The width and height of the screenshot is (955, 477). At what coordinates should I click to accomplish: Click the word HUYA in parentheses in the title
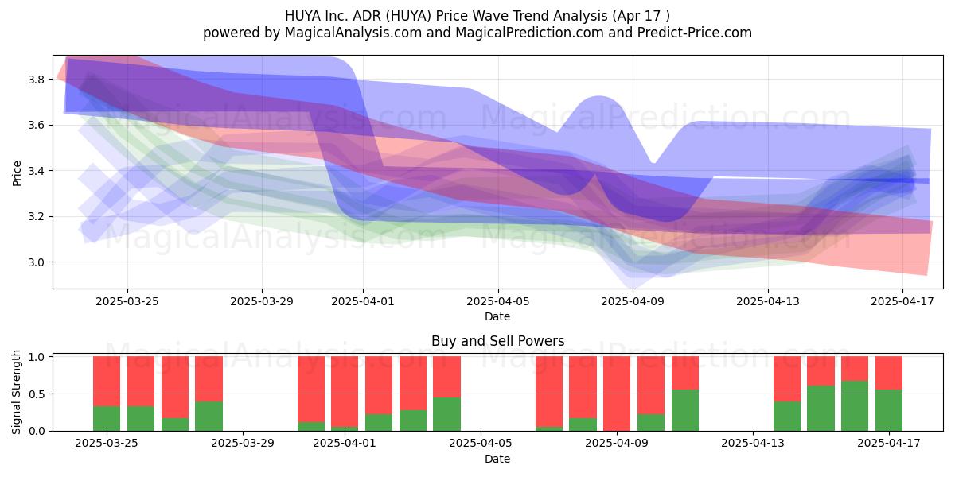click(409, 16)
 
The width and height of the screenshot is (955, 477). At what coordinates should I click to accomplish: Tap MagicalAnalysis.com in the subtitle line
click(353, 33)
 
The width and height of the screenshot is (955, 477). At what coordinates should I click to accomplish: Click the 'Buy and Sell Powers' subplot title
click(497, 341)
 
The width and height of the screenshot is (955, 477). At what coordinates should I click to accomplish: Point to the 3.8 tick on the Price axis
click(36, 79)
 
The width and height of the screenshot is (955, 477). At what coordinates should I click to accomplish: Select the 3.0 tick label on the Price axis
click(36, 262)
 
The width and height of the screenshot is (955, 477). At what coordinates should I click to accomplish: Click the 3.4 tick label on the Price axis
click(36, 171)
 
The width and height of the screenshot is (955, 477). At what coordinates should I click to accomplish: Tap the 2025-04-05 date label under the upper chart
click(497, 301)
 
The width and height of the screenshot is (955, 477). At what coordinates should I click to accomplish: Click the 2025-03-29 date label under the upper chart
click(261, 301)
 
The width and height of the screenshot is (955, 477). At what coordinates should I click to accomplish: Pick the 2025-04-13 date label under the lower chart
click(753, 443)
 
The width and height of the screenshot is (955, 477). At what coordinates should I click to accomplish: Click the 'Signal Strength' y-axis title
click(16, 392)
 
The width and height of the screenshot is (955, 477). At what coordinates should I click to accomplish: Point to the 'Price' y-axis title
click(17, 173)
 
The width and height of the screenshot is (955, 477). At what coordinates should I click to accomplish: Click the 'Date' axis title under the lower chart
click(497, 459)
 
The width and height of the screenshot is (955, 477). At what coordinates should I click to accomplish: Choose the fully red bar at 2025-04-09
click(617, 394)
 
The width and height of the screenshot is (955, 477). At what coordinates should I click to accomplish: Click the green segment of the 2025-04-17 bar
click(889, 410)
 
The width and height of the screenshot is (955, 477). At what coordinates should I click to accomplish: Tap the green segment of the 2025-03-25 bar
click(107, 419)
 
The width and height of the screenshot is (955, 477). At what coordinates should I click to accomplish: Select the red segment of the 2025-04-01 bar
click(345, 391)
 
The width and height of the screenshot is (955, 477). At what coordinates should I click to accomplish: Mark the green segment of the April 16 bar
click(855, 406)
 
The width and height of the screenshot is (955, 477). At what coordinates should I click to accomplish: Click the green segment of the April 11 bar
click(685, 410)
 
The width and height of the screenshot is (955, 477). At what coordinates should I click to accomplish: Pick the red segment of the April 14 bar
click(787, 379)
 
